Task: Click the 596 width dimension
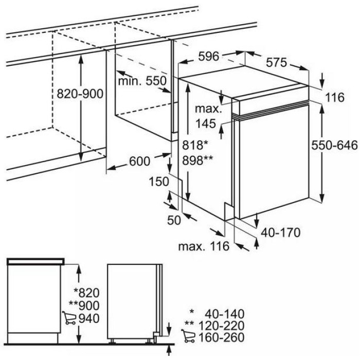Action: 209,57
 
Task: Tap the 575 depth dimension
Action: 277,62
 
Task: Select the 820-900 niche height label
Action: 80,94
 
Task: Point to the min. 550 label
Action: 142,81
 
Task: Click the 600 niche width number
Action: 139,161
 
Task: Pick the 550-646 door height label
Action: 334,146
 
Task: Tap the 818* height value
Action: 195,146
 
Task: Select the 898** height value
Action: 197,160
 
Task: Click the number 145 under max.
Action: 206,123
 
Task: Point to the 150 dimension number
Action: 159,182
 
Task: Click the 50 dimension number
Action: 174,221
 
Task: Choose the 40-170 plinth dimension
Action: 281,232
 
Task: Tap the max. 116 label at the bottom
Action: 204,246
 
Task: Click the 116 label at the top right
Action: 335,97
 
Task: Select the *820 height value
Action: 86,293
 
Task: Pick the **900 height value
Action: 84,305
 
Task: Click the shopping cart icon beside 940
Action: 69,317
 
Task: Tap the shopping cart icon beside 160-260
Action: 188,336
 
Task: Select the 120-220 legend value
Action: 221,326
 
